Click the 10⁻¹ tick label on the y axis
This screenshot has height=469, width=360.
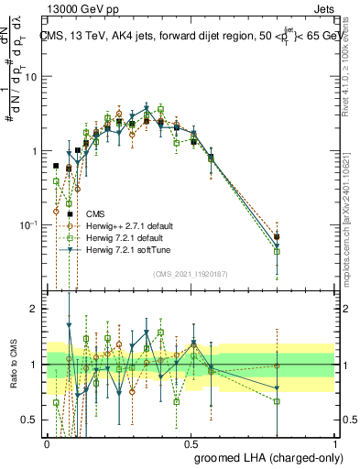coord(29,225)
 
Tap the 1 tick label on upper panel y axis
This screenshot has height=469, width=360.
coord(35,151)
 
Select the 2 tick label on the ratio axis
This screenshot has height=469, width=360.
coord(36,309)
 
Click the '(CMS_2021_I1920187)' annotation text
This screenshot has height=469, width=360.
coord(191,274)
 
